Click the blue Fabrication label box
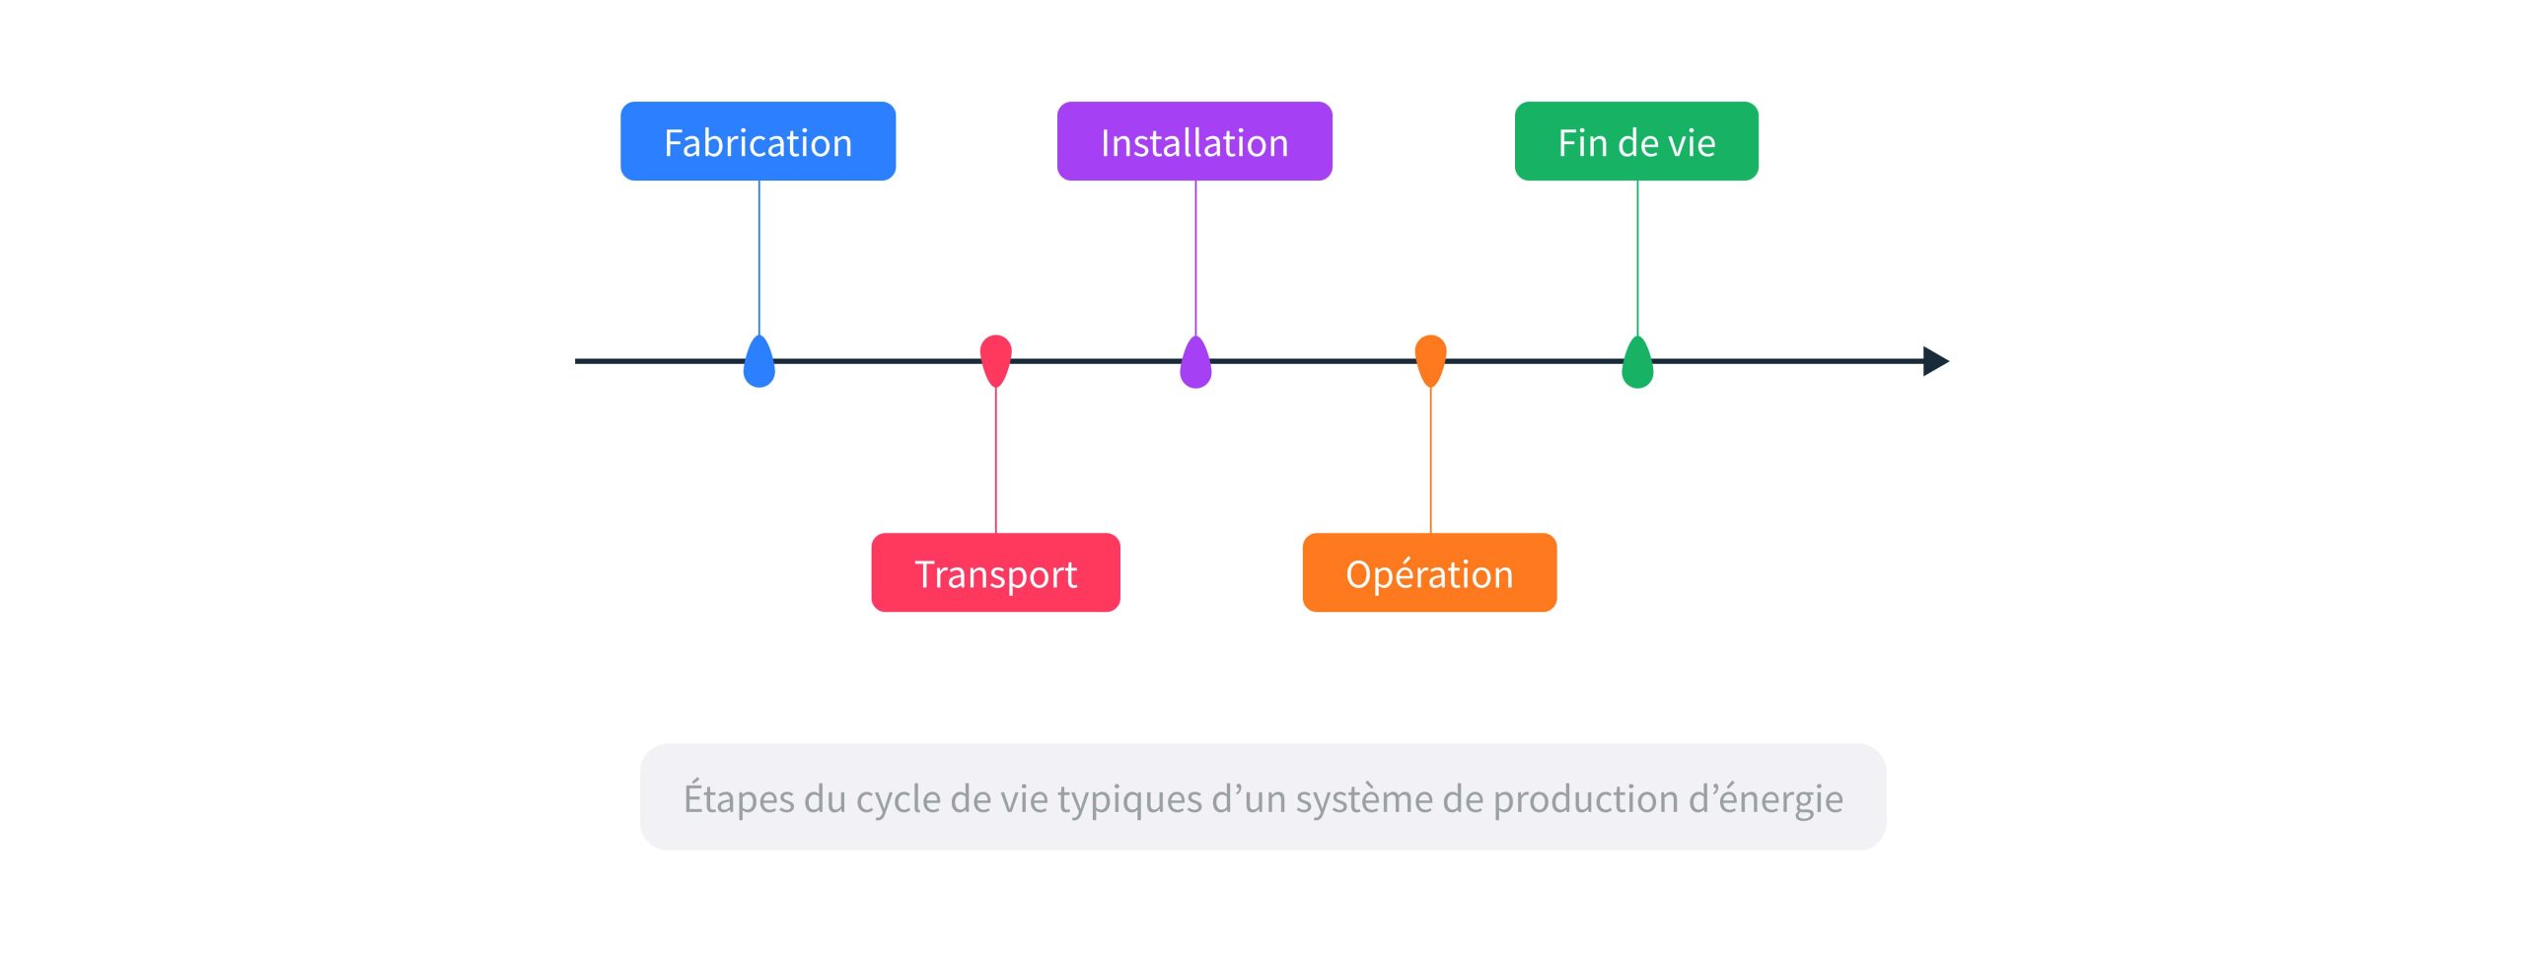click(757, 141)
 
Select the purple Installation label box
click(1194, 141)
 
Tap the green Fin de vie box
click(1636, 141)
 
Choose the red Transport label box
click(995, 572)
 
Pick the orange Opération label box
click(1429, 572)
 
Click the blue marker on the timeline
click(758, 363)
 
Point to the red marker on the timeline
click(995, 359)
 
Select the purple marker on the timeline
click(1195, 363)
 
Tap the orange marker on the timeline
click(1430, 359)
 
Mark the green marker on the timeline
click(1637, 363)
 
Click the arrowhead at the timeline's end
click(1935, 361)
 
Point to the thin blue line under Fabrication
click(758, 257)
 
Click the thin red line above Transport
click(995, 460)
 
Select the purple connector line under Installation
click(1195, 257)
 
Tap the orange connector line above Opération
click(1430, 460)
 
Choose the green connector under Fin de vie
click(1637, 257)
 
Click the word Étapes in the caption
click(739, 798)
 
